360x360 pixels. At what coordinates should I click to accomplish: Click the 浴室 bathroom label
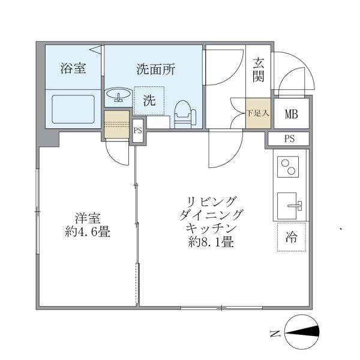pyautogui.click(x=73, y=69)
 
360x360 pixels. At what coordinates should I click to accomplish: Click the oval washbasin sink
pyautogui.click(x=119, y=95)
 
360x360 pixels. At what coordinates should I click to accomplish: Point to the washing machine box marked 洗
pyautogui.click(x=149, y=101)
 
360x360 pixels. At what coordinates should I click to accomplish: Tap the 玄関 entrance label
pyautogui.click(x=259, y=69)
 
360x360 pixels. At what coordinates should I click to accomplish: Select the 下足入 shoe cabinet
pyautogui.click(x=259, y=112)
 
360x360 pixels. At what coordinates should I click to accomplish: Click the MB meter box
pyautogui.click(x=292, y=114)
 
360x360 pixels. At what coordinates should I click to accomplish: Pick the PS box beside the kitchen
pyautogui.click(x=289, y=139)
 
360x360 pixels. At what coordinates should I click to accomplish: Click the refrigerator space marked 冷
pyautogui.click(x=292, y=237)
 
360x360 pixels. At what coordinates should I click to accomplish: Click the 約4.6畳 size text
pyautogui.click(x=87, y=232)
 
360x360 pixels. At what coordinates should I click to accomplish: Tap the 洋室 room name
pyautogui.click(x=87, y=218)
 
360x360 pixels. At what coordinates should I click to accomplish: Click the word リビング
pyautogui.click(x=211, y=200)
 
